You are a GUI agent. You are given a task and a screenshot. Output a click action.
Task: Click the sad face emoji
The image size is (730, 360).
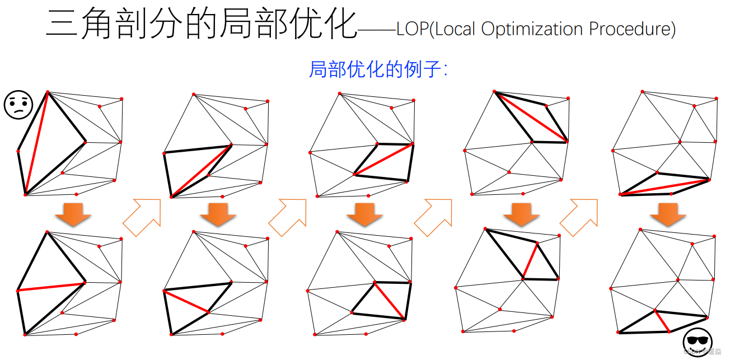(x=18, y=105)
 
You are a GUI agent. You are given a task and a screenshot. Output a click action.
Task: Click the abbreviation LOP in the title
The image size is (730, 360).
(x=412, y=29)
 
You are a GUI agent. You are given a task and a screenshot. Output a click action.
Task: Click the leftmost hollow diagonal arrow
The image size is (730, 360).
(x=142, y=216)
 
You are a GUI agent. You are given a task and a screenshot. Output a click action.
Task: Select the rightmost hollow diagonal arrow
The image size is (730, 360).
(x=579, y=216)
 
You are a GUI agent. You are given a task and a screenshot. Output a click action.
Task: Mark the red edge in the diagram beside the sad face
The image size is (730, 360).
(x=37, y=143)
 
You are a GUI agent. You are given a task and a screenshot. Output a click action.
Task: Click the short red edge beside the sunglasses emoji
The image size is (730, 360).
(x=662, y=321)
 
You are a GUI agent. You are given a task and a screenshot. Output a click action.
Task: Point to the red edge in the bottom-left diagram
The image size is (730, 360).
(x=51, y=287)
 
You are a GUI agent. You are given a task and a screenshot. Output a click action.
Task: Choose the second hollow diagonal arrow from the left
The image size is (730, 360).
(x=288, y=216)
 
